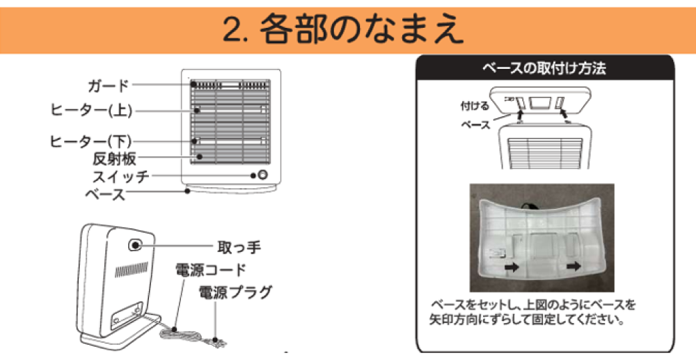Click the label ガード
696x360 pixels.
click(x=109, y=86)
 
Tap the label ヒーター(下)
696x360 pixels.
click(x=91, y=141)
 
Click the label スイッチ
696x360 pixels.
click(x=120, y=175)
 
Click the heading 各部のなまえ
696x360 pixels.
click(x=362, y=29)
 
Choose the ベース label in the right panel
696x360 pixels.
click(x=477, y=125)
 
